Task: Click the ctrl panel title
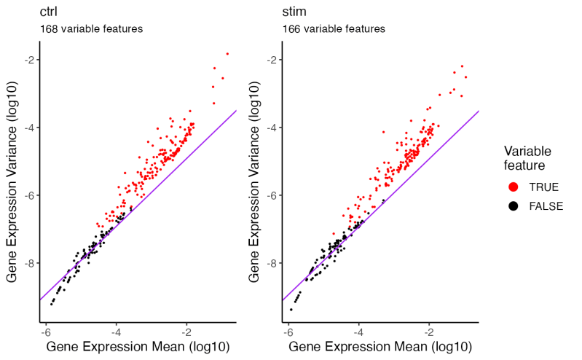tap(50, 12)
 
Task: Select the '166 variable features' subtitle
tap(334, 29)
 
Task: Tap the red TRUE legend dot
tap(514, 187)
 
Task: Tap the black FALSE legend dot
tap(514, 206)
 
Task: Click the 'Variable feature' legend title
tap(527, 158)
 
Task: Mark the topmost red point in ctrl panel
tap(227, 53)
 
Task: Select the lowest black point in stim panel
tap(291, 310)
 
